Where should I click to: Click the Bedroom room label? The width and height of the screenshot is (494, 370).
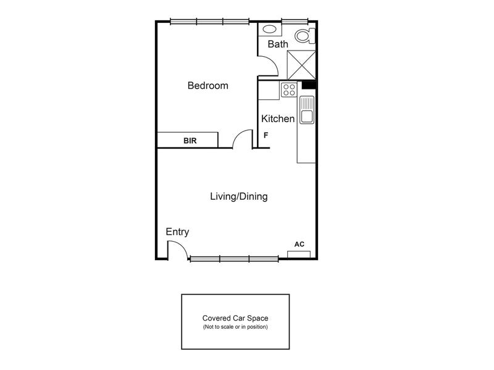207,85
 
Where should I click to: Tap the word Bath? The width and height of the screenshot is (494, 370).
278,44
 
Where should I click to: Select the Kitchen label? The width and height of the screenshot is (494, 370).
278,118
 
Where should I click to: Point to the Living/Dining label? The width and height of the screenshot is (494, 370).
239,196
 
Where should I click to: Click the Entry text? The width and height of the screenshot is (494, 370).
177,232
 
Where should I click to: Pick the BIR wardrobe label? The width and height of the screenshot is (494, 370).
190,141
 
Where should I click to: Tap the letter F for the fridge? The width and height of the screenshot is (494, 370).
266,135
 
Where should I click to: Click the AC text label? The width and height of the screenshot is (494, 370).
299,244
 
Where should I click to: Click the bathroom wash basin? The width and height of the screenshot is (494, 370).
269,30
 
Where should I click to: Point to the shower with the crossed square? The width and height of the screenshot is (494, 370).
301,65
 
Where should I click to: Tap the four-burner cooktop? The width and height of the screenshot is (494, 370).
289,89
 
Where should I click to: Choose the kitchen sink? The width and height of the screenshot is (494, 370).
307,110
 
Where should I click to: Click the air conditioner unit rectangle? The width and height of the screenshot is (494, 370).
299,254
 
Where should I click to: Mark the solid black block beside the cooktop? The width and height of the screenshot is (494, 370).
309,85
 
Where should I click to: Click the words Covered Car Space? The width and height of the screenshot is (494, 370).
235,318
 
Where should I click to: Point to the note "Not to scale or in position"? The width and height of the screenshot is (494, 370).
235,327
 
